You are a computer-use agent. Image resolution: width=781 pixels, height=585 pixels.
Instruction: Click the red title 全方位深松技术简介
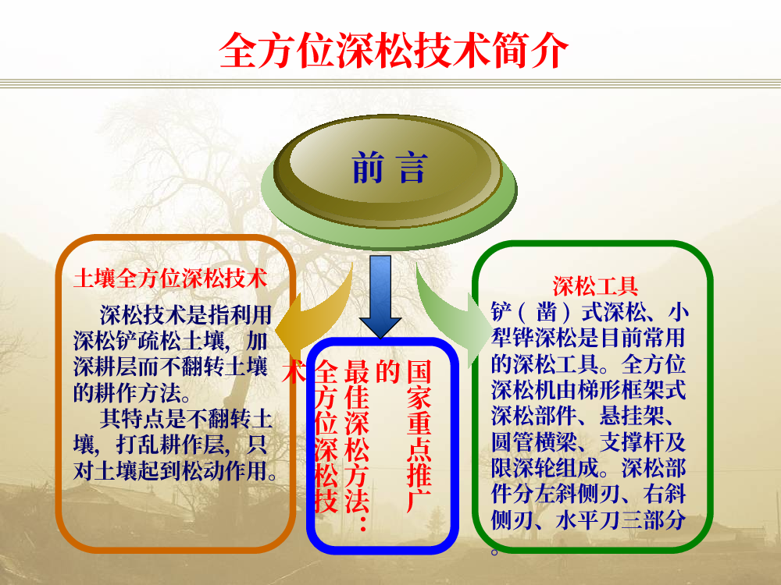click(x=394, y=50)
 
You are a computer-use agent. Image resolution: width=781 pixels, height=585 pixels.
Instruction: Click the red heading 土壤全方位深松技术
click(x=170, y=278)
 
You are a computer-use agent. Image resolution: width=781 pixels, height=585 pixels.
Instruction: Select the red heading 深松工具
click(x=595, y=285)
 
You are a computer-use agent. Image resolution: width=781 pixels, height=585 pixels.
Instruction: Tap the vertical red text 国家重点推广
click(x=419, y=435)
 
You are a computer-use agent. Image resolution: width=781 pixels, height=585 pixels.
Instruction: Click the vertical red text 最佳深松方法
click(x=357, y=445)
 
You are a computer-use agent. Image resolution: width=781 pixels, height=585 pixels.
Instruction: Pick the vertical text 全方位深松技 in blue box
click(x=326, y=436)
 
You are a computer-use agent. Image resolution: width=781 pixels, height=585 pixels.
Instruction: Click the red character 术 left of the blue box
click(x=294, y=371)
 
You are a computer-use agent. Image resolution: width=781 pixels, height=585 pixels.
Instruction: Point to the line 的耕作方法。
click(x=133, y=393)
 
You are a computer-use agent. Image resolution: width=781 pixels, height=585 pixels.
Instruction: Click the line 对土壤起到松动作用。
click(x=175, y=470)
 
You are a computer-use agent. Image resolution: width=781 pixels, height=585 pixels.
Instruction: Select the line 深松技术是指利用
click(x=186, y=315)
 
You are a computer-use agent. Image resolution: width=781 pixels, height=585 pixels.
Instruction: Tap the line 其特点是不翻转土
click(x=186, y=418)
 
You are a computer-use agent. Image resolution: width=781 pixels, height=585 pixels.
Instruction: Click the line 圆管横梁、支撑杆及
click(x=588, y=441)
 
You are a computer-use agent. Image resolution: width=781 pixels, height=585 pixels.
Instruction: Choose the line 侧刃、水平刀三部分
click(x=588, y=519)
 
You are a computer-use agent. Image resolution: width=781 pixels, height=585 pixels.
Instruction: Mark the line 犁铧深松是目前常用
click(x=588, y=338)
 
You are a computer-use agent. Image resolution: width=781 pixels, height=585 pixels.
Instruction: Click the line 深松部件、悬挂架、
click(x=583, y=416)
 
